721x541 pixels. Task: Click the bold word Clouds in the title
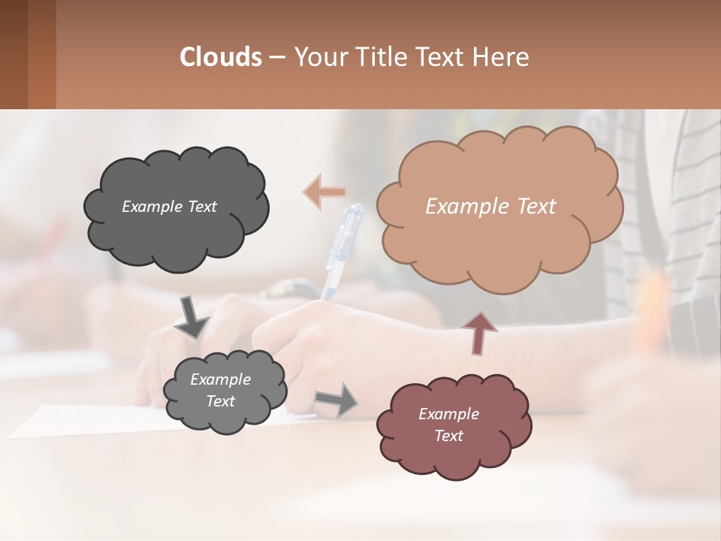point(221,57)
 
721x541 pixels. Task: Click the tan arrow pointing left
point(324,191)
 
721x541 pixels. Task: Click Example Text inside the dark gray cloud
point(169,206)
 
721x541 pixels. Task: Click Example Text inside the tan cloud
point(490,207)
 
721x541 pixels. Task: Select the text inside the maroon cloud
point(448,425)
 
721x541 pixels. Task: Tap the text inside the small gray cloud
point(220,390)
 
